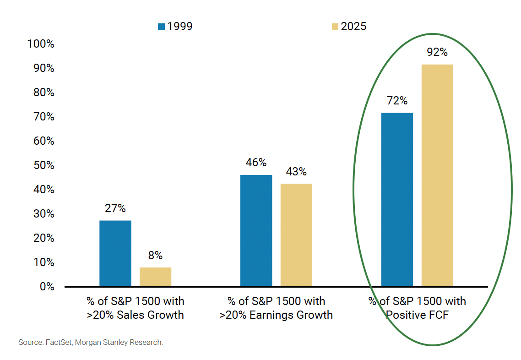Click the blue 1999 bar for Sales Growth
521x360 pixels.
115,253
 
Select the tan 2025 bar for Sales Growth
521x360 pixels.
155,277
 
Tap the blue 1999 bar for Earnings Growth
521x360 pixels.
256,230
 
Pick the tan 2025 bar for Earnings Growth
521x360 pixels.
296,235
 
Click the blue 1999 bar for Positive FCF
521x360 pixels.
397,199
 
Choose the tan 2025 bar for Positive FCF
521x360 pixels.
437,175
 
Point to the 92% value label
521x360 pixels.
437,52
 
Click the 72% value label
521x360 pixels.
397,101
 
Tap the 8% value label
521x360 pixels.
155,256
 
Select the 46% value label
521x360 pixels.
256,163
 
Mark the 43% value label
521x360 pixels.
296,172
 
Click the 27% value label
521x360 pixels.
115,208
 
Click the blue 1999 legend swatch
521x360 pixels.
161,27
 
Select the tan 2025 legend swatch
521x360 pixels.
335,27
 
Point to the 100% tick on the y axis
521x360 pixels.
41,44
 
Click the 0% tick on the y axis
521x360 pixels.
46,287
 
